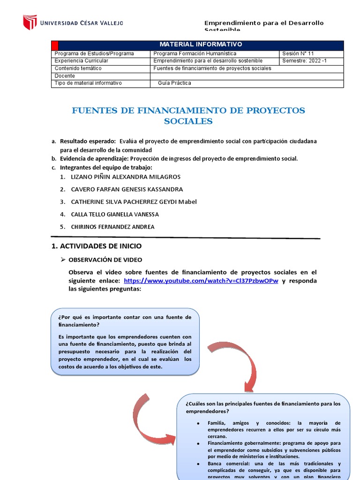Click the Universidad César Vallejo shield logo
(x=30, y=22)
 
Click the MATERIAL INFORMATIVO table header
(x=201, y=45)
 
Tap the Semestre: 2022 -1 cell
(x=305, y=61)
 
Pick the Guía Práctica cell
(x=175, y=83)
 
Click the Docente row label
(x=65, y=76)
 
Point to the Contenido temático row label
(x=78, y=68)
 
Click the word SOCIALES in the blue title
(x=188, y=121)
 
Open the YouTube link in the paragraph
(x=201, y=281)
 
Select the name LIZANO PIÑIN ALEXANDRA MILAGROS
(x=125, y=177)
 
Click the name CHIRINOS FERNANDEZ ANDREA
(x=112, y=227)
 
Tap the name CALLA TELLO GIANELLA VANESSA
(x=115, y=214)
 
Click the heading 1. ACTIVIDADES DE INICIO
(x=96, y=246)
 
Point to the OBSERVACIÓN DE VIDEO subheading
(x=105, y=260)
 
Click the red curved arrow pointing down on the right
(x=234, y=361)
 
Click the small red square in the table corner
(x=55, y=45)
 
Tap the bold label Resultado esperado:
(x=88, y=141)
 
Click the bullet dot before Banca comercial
(x=199, y=464)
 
